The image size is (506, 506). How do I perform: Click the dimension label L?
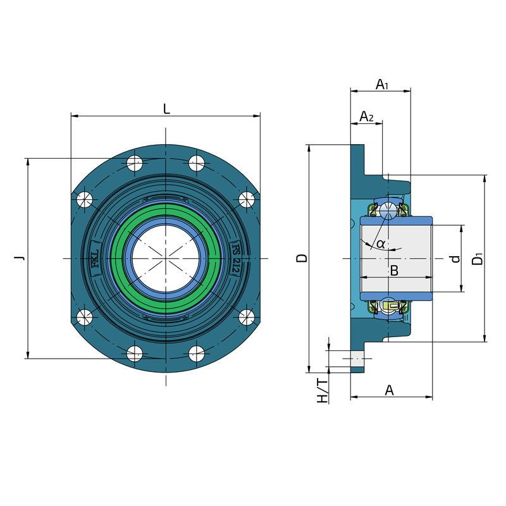(x=166, y=109)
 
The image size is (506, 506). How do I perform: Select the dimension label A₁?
(x=381, y=84)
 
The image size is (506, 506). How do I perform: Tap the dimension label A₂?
(x=366, y=116)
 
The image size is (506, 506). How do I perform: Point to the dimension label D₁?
(x=478, y=258)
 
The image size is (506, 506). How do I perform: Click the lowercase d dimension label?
(x=454, y=259)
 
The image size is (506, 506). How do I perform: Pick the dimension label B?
(x=393, y=271)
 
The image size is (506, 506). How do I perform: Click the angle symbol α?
(x=380, y=244)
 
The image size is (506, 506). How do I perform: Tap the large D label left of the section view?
(x=302, y=258)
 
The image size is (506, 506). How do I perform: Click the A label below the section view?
(x=390, y=391)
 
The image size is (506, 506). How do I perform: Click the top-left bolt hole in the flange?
(x=135, y=163)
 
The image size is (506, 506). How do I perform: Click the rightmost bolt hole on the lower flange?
(x=247, y=316)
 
